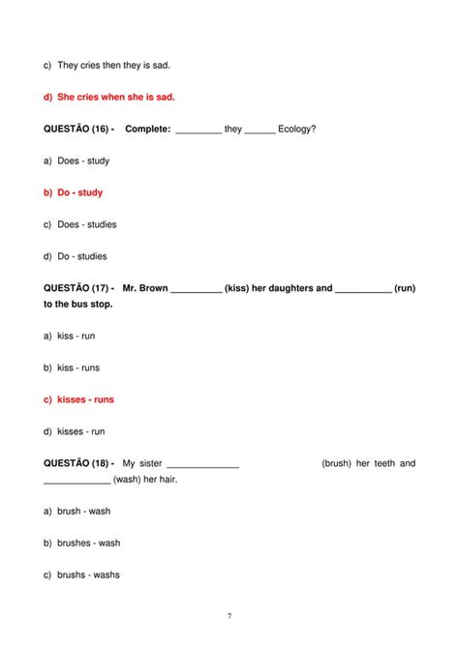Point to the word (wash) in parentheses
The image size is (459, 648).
(x=128, y=480)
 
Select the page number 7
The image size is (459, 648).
(x=229, y=616)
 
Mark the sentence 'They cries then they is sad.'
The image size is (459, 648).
(x=113, y=65)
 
